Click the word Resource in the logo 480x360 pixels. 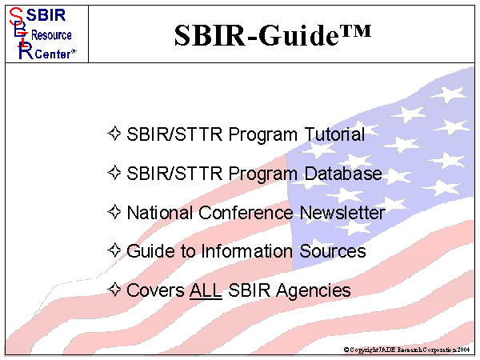(51, 36)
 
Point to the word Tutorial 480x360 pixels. (333, 134)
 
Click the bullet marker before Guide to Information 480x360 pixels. (114, 250)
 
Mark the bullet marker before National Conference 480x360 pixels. (114, 212)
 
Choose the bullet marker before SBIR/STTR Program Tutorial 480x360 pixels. (114, 134)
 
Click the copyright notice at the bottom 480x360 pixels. (407, 350)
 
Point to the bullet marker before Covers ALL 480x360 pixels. (114, 290)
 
